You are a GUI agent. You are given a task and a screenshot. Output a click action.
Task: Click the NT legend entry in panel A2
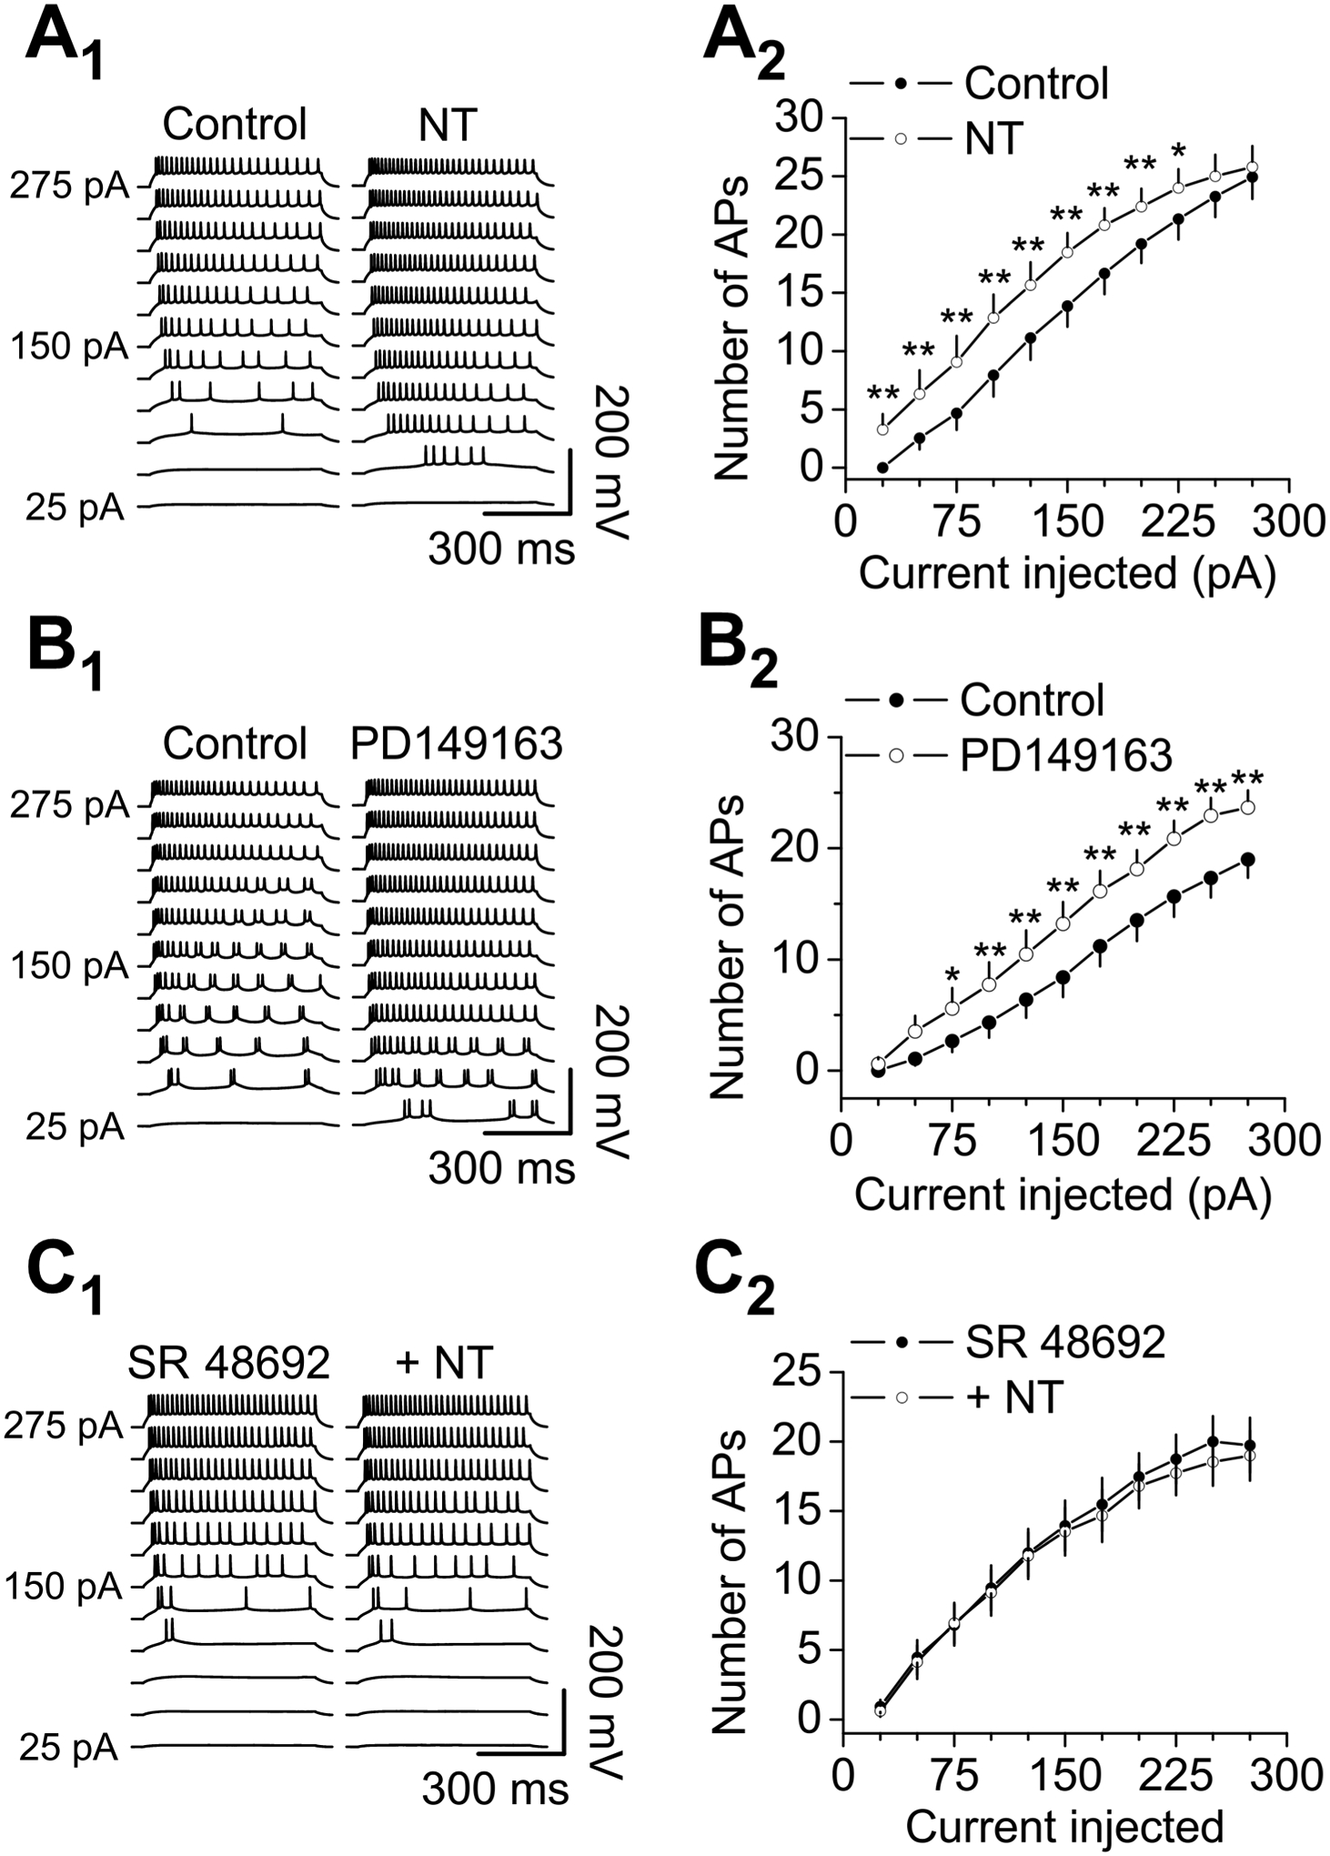[x=992, y=138]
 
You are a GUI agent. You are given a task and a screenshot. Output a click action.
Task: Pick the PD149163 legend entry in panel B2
[x=1064, y=755]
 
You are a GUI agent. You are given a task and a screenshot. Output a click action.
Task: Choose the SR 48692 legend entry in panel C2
[x=1064, y=1342]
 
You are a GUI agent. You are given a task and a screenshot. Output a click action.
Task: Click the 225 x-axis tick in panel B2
[x=1174, y=1139]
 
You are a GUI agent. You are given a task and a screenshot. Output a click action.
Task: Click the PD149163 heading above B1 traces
[x=457, y=744]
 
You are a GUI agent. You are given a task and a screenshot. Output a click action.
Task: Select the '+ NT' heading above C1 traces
[x=446, y=1363]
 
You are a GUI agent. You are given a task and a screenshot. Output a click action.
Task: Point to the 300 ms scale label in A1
[x=501, y=549]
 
